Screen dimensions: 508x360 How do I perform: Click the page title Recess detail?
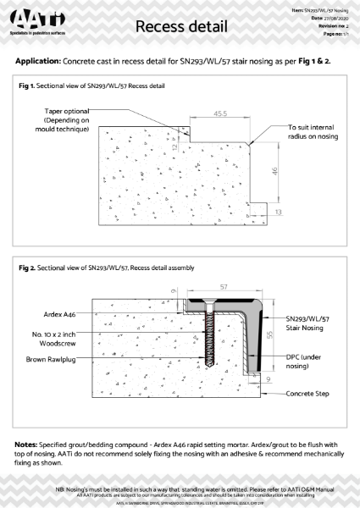pyautogui.click(x=180, y=28)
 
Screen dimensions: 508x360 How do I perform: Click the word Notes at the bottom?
pyautogui.click(x=30, y=444)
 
